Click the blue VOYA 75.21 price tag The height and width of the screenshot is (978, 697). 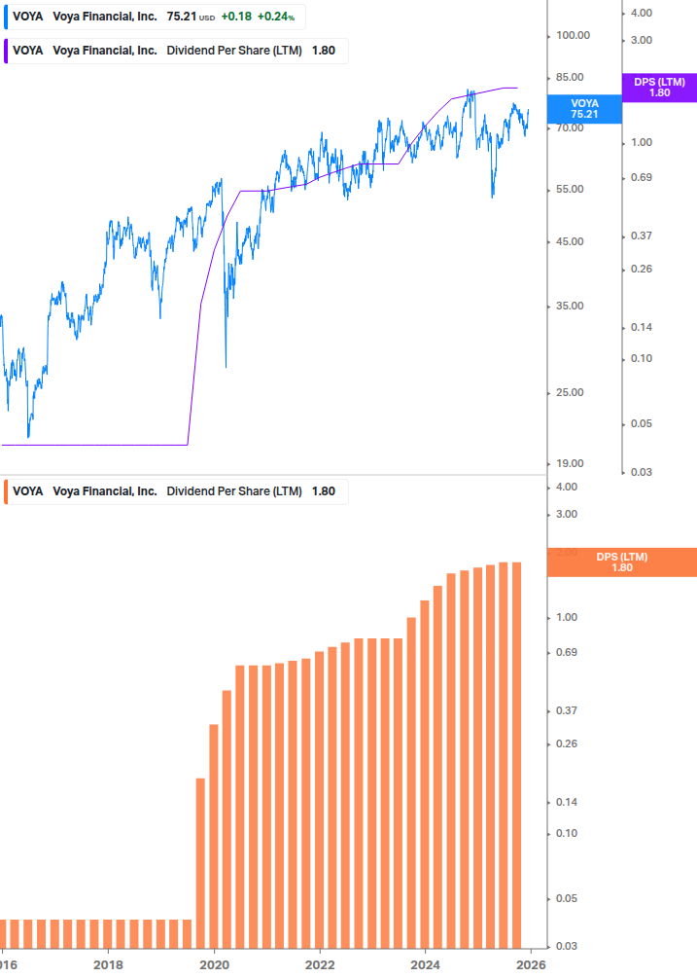[x=584, y=108]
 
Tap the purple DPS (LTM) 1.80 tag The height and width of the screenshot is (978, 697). [x=659, y=88]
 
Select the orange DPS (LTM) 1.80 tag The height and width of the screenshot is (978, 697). [x=622, y=562]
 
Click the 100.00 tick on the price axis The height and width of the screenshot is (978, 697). [x=573, y=35]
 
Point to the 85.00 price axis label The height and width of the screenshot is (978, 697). [x=573, y=77]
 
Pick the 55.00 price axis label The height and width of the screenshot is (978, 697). [x=573, y=189]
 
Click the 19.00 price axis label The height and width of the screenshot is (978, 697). [x=573, y=463]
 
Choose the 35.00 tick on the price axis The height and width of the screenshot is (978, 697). [x=573, y=306]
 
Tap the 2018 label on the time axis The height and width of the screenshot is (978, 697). [x=108, y=964]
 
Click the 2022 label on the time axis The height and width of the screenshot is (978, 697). [x=320, y=964]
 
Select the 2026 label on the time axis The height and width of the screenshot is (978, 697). [x=531, y=964]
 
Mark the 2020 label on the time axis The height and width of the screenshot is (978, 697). [x=214, y=964]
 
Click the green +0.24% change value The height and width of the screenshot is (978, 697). [x=275, y=18]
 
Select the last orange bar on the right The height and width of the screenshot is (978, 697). [x=516, y=754]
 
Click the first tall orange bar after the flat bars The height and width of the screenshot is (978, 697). [x=200, y=862]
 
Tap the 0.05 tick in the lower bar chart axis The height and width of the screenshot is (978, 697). [x=566, y=897]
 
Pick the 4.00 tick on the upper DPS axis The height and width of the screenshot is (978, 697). [x=641, y=13]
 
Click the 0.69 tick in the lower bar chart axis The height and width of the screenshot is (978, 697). [x=566, y=651]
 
